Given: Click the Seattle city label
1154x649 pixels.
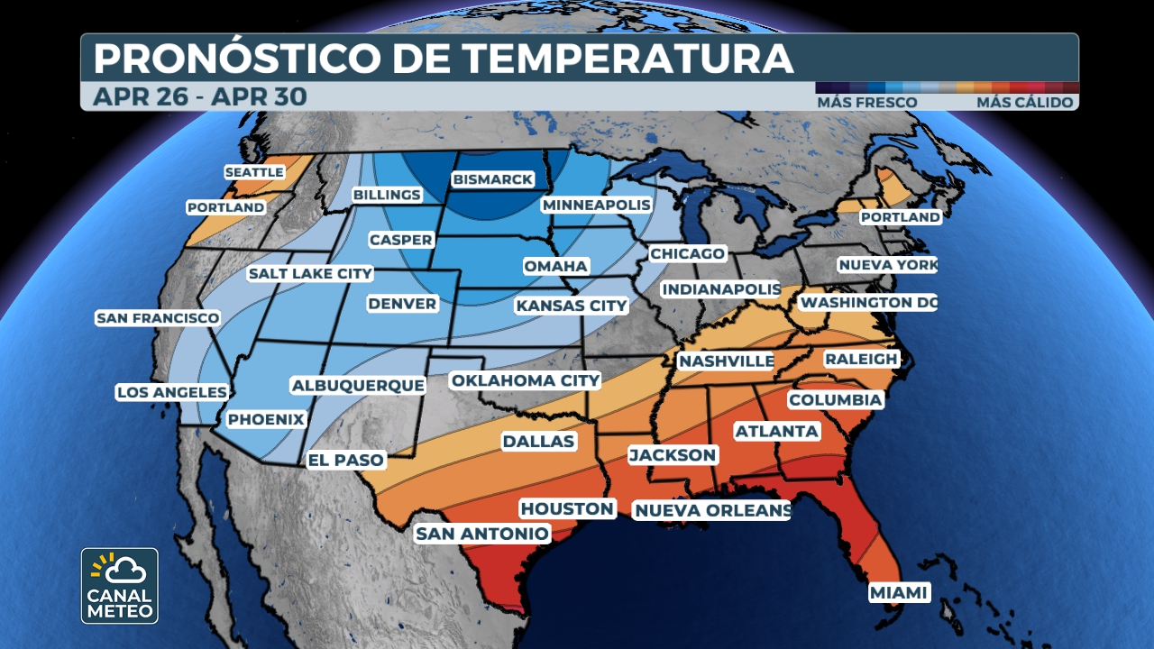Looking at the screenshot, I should pyautogui.click(x=254, y=172).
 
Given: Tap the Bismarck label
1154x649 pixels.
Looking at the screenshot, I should pyautogui.click(x=492, y=179).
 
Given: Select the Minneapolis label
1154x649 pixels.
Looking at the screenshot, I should pyautogui.click(x=596, y=206).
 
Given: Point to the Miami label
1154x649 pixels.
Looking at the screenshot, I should pyautogui.click(x=899, y=592).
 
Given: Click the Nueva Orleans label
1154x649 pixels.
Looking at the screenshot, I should pyautogui.click(x=712, y=511).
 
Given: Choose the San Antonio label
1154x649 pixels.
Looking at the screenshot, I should pyautogui.click(x=481, y=534).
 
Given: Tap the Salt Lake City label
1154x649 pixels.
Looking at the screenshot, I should pyautogui.click(x=310, y=273).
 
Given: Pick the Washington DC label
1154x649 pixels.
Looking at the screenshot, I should pyautogui.click(x=868, y=303).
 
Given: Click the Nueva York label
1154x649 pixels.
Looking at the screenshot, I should pyautogui.click(x=887, y=265).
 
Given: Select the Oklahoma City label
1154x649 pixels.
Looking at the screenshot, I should pyautogui.click(x=525, y=380).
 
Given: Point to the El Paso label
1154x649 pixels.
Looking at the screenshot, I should pyautogui.click(x=345, y=460).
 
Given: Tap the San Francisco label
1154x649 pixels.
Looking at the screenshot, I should pyautogui.click(x=158, y=318).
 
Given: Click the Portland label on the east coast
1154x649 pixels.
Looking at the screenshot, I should pyautogui.click(x=899, y=217).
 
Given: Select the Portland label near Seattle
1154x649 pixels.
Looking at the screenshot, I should pyautogui.click(x=225, y=207).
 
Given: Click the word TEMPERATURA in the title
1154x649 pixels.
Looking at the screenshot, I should pyautogui.click(x=628, y=59).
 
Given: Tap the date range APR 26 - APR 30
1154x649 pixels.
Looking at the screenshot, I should pyautogui.click(x=199, y=96).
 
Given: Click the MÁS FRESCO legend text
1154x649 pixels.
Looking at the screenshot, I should pyautogui.click(x=866, y=103).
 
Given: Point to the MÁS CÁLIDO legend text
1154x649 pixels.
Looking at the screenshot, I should pyautogui.click(x=1024, y=103).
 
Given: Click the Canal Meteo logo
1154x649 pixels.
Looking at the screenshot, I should pyautogui.click(x=120, y=586).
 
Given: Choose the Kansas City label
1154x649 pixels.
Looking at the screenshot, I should pyautogui.click(x=571, y=306).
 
